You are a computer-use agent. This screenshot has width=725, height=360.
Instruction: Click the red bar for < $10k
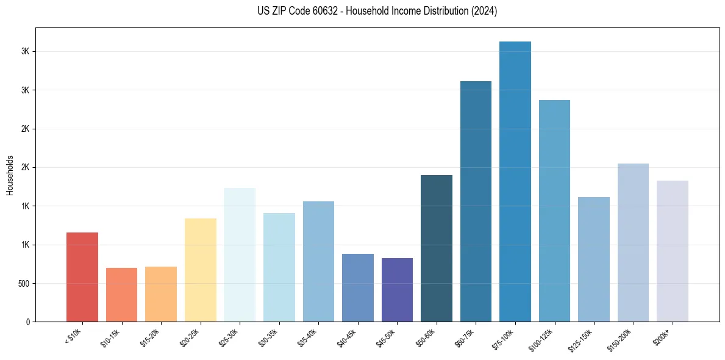(x=82, y=277)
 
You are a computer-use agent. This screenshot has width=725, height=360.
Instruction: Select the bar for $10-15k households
(x=121, y=295)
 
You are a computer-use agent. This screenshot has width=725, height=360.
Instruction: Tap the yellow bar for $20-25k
(x=201, y=270)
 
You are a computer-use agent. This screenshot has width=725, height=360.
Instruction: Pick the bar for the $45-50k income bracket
(x=397, y=290)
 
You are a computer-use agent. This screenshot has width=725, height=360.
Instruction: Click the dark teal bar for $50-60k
(x=437, y=248)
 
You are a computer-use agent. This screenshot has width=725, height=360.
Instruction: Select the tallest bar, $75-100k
(x=515, y=181)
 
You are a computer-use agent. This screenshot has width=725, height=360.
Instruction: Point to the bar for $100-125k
(x=554, y=211)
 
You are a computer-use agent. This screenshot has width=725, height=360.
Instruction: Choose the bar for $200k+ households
(x=673, y=251)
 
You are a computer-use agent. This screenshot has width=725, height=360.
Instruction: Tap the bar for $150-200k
(x=633, y=242)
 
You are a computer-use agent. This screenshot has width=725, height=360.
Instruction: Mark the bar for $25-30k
(x=240, y=254)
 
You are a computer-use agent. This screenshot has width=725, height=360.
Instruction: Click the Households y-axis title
(x=10, y=175)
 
